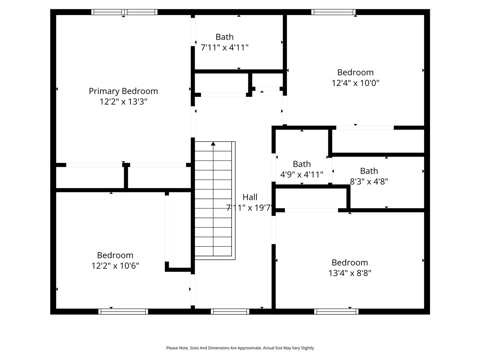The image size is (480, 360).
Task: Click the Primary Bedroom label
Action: (123, 91)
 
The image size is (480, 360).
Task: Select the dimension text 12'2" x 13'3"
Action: (123, 102)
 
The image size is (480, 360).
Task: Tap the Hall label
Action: (250, 197)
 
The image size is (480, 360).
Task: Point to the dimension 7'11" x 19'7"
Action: (249, 208)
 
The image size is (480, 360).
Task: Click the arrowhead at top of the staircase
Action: (213, 144)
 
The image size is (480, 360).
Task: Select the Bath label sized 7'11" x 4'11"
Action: (224, 37)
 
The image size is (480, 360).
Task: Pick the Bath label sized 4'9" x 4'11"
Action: (301, 164)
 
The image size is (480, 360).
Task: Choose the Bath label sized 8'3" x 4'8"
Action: (369, 171)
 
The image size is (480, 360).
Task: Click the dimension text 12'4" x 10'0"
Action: (355, 83)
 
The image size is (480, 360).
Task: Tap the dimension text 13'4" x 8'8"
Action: (349, 273)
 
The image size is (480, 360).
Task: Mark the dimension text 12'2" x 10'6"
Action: (115, 266)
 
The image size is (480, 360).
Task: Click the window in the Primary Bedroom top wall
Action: (124, 12)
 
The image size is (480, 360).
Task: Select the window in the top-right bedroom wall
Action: (333, 12)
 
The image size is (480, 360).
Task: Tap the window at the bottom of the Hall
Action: (230, 311)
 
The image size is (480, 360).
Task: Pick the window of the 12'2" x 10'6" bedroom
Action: (123, 311)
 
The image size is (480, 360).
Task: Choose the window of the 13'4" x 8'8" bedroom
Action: (336, 311)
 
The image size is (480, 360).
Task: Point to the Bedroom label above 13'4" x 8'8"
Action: (349, 262)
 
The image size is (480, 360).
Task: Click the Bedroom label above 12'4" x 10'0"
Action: (355, 72)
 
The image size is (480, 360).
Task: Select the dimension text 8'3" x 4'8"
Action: (369, 181)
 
